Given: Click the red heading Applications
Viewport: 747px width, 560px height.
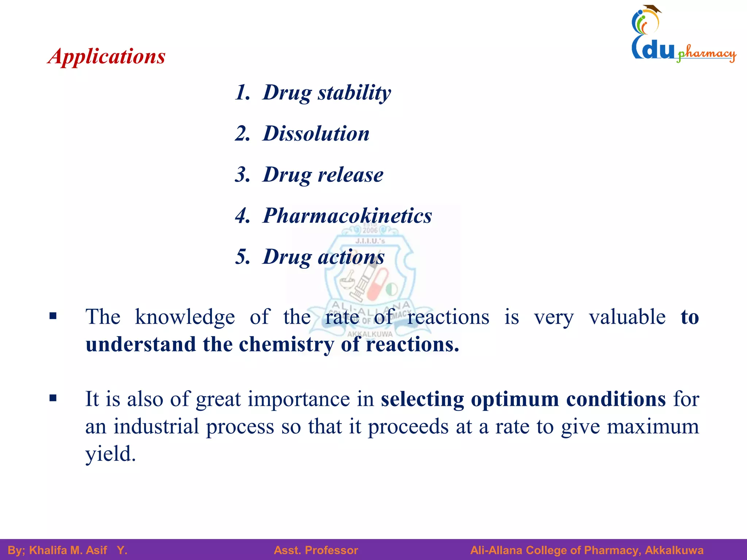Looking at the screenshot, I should click(x=107, y=57).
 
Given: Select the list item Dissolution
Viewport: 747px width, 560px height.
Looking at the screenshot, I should click(x=316, y=133).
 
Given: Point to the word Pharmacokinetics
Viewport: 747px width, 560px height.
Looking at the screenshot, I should click(x=347, y=215).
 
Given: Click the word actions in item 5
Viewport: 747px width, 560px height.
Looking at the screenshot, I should click(x=351, y=257).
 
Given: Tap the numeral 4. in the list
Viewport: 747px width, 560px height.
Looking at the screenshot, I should click(x=243, y=215).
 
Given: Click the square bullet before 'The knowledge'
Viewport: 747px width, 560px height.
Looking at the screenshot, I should click(x=53, y=316).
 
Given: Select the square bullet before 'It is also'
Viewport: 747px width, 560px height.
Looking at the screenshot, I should click(x=53, y=398).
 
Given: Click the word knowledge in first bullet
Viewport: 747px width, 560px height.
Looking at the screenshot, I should click(x=185, y=317).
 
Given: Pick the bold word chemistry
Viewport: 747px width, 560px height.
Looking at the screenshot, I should click(x=286, y=344).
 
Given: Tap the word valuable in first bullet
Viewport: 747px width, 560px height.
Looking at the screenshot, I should click(x=627, y=317).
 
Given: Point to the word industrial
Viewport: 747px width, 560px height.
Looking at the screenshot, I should click(x=156, y=426).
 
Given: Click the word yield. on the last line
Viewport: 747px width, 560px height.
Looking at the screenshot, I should click(x=110, y=454).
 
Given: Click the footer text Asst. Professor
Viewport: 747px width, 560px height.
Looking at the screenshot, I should click(x=316, y=550).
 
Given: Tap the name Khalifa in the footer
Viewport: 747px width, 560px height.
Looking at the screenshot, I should click(x=48, y=550).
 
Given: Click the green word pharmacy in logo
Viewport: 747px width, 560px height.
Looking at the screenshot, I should click(x=706, y=54).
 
